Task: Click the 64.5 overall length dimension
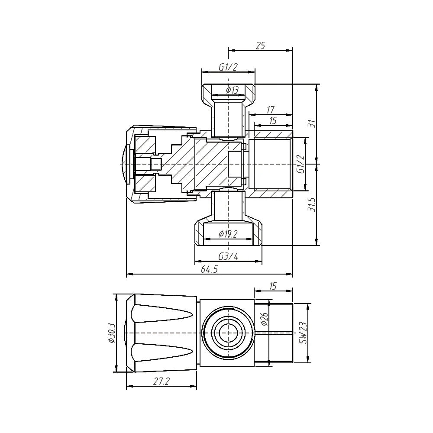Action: pos(209,269)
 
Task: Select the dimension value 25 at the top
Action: pos(260,45)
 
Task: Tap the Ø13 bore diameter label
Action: pos(232,90)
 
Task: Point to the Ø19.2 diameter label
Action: pos(228,234)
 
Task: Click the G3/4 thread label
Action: pos(228,256)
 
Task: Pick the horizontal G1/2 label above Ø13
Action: pos(228,67)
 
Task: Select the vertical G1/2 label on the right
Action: pos(300,165)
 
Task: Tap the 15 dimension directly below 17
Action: pos(272,121)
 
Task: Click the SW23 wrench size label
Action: pos(303,333)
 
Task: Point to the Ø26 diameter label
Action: pos(265,320)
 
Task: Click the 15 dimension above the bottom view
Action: pos(273,286)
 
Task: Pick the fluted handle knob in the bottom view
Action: pos(165,333)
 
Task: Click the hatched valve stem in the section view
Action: pos(182,165)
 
